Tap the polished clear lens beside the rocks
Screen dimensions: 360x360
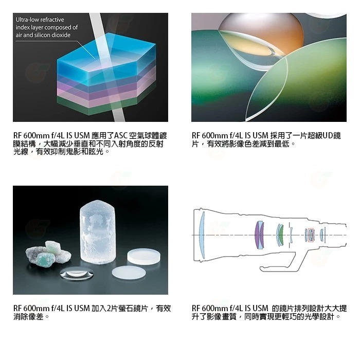[77, 274]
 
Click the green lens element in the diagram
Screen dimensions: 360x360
[281, 235]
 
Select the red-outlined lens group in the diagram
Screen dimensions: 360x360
[311, 235]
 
